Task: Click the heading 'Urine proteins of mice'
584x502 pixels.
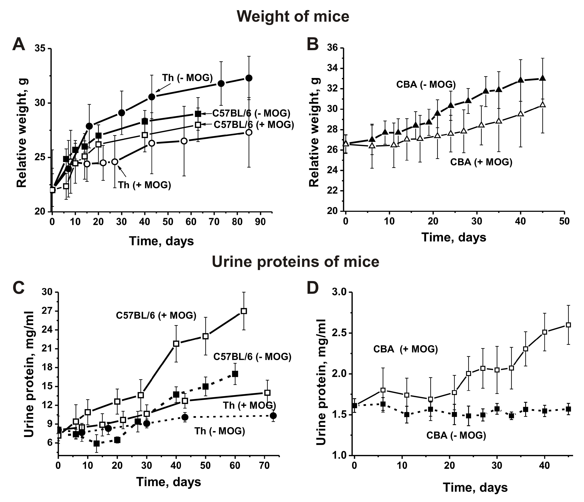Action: click(295, 262)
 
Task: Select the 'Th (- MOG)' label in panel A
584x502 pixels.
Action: click(187, 78)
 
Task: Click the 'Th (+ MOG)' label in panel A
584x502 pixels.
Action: click(145, 185)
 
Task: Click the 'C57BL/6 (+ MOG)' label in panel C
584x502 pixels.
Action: click(156, 315)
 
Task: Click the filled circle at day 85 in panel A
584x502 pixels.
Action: click(249, 78)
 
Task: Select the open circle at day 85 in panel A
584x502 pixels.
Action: click(249, 132)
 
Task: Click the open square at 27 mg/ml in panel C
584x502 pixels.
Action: click(244, 311)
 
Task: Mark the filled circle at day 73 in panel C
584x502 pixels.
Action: click(273, 416)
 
